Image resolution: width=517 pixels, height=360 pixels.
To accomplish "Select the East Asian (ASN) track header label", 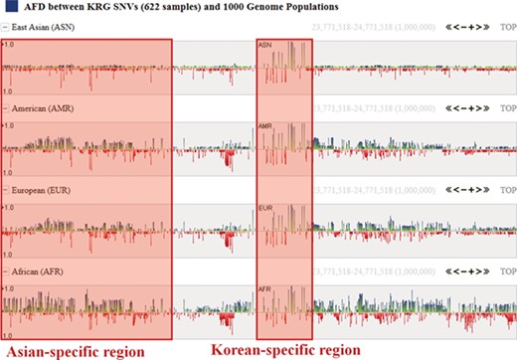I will click(x=41, y=26).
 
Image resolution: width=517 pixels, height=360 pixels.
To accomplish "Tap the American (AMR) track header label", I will click(x=40, y=107).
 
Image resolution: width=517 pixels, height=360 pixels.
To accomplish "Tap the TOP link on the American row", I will click(x=507, y=107).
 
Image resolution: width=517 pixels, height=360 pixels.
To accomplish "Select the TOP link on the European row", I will click(x=507, y=189).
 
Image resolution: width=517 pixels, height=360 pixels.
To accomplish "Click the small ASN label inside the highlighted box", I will click(x=264, y=47).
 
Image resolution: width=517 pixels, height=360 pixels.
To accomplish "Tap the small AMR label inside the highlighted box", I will click(x=265, y=128).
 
